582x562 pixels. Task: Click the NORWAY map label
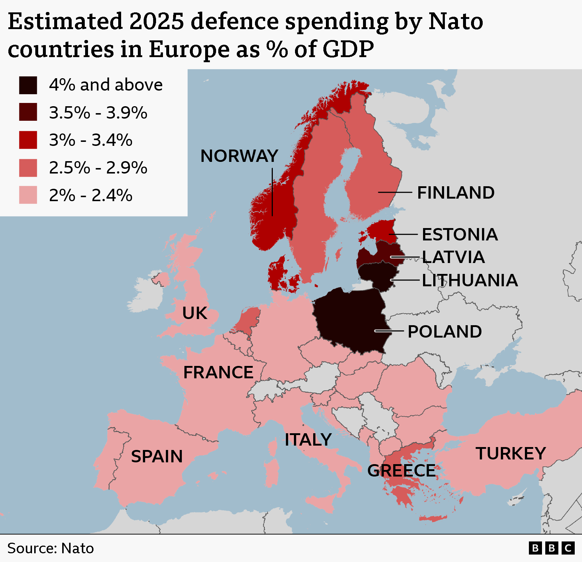[x=239, y=156]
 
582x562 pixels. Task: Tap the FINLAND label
[x=456, y=193]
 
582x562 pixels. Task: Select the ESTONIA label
[x=460, y=235]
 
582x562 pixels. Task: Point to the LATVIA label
[x=453, y=257]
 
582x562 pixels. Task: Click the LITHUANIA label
[x=470, y=280]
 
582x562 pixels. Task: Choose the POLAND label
[x=445, y=332]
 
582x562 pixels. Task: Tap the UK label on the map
[x=195, y=313]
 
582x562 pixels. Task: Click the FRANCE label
[x=218, y=372]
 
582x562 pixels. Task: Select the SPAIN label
[x=157, y=457]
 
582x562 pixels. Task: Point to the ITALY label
[x=308, y=440]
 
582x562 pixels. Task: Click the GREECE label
[x=401, y=471]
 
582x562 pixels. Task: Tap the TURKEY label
[x=511, y=454]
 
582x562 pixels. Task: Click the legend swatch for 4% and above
[x=28, y=85]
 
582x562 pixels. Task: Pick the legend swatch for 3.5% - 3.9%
[x=28, y=112]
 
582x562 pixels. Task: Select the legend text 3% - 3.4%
[x=91, y=140]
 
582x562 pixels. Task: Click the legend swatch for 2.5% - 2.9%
[x=28, y=168]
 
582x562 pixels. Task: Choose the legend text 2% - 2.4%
[x=91, y=195]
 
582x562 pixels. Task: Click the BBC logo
[x=551, y=548]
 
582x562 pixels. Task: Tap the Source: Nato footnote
[x=51, y=548]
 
